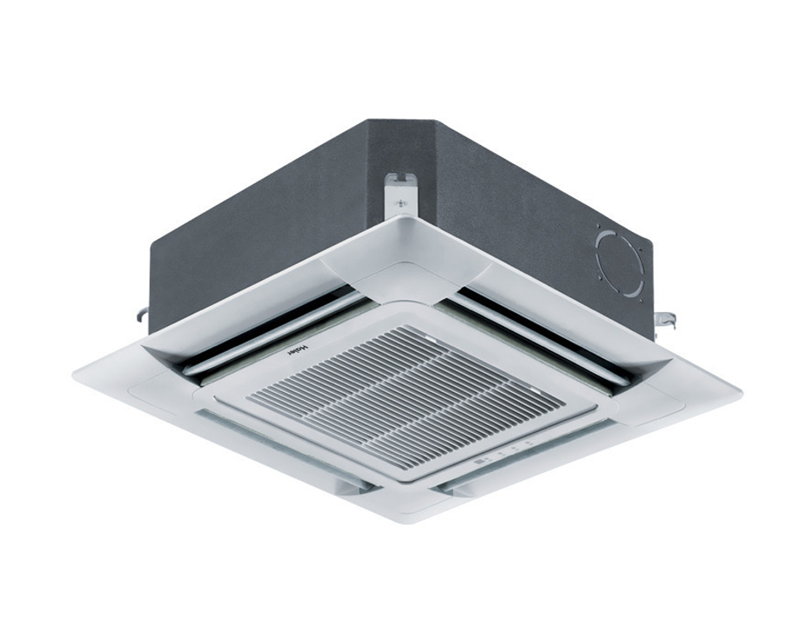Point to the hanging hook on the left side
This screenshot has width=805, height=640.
(142, 315)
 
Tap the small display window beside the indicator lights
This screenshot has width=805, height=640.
(481, 460)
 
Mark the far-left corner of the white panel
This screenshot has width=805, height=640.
(75, 375)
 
